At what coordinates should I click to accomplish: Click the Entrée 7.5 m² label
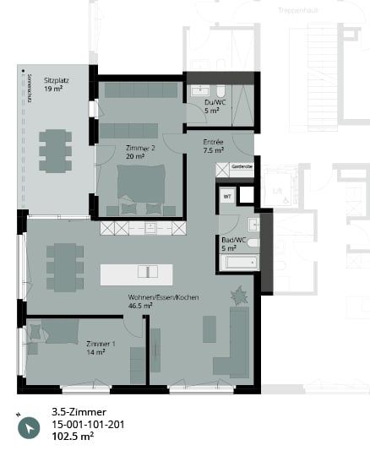pyautogui.click(x=214, y=146)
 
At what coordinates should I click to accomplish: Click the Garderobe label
pyautogui.click(x=242, y=168)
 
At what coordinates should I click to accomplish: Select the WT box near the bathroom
pyautogui.click(x=227, y=196)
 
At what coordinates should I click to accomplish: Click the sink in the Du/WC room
pyautogui.click(x=200, y=90)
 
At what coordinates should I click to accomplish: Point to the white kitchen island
pyautogui.click(x=136, y=274)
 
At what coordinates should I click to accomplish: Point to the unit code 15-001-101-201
pyautogui.click(x=89, y=425)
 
